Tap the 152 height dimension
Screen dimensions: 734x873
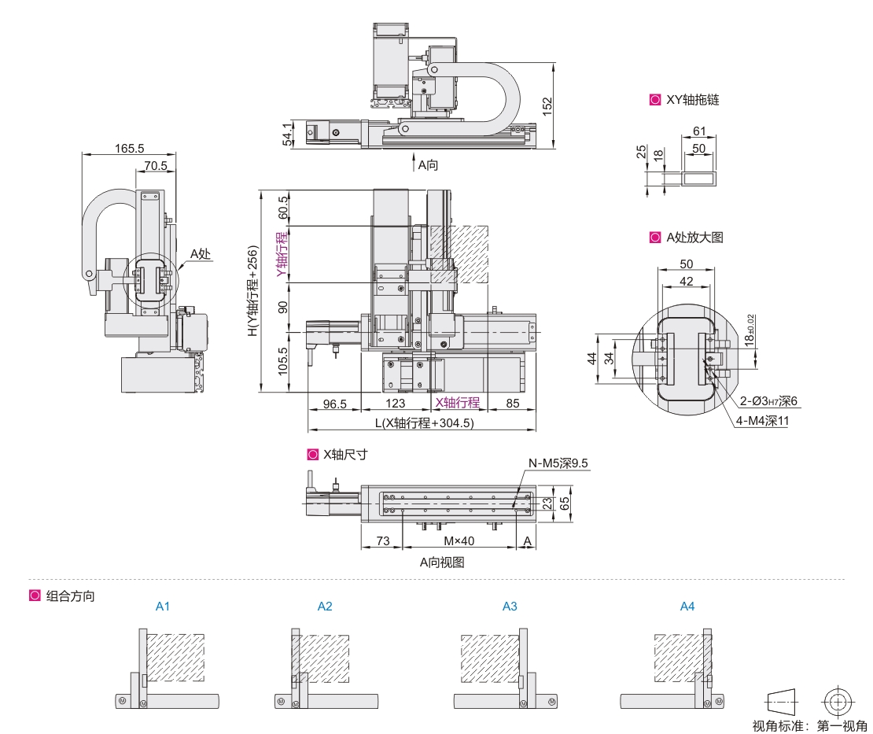click(x=548, y=104)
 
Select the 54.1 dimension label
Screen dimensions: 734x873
click(x=288, y=134)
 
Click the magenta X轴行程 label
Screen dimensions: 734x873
click(x=458, y=403)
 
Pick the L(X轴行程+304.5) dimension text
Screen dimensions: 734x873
click(x=424, y=422)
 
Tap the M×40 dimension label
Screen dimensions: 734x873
click(x=459, y=541)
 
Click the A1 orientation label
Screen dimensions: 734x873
click(x=163, y=607)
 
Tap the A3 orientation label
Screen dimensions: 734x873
click(x=510, y=607)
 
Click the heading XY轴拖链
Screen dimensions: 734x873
click(x=692, y=100)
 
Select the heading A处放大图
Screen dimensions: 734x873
click(x=694, y=238)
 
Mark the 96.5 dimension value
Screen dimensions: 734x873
click(x=335, y=403)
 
